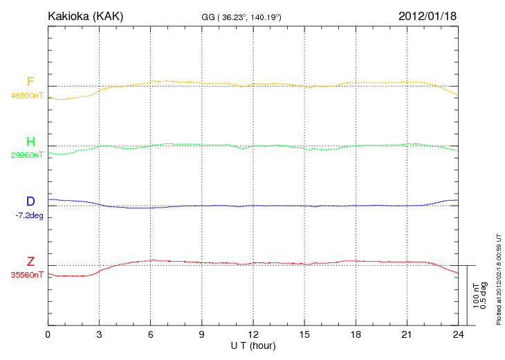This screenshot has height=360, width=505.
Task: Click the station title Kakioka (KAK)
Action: [86, 16]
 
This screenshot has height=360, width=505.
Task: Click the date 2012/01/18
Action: [428, 16]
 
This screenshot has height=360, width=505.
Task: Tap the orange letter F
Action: [30, 82]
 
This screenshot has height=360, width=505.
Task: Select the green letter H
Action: [30, 142]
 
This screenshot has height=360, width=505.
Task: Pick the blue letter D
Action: [30, 201]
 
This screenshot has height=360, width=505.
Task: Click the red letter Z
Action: [30, 261]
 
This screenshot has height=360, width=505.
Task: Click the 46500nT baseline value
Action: [26, 96]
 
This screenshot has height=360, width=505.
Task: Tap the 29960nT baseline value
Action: [26, 155]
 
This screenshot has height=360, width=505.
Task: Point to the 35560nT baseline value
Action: [26, 275]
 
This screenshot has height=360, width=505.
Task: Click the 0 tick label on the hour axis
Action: [48, 335]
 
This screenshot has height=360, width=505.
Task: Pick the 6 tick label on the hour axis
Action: [151, 335]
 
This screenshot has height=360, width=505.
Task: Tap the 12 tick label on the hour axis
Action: [253, 335]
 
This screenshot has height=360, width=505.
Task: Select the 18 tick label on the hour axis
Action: [356, 335]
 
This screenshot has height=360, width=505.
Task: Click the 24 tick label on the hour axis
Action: [458, 335]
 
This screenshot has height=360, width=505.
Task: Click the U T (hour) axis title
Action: [253, 345]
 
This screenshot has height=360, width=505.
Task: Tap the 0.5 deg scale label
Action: [484, 295]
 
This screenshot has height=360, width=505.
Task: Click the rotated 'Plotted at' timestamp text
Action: [498, 278]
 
